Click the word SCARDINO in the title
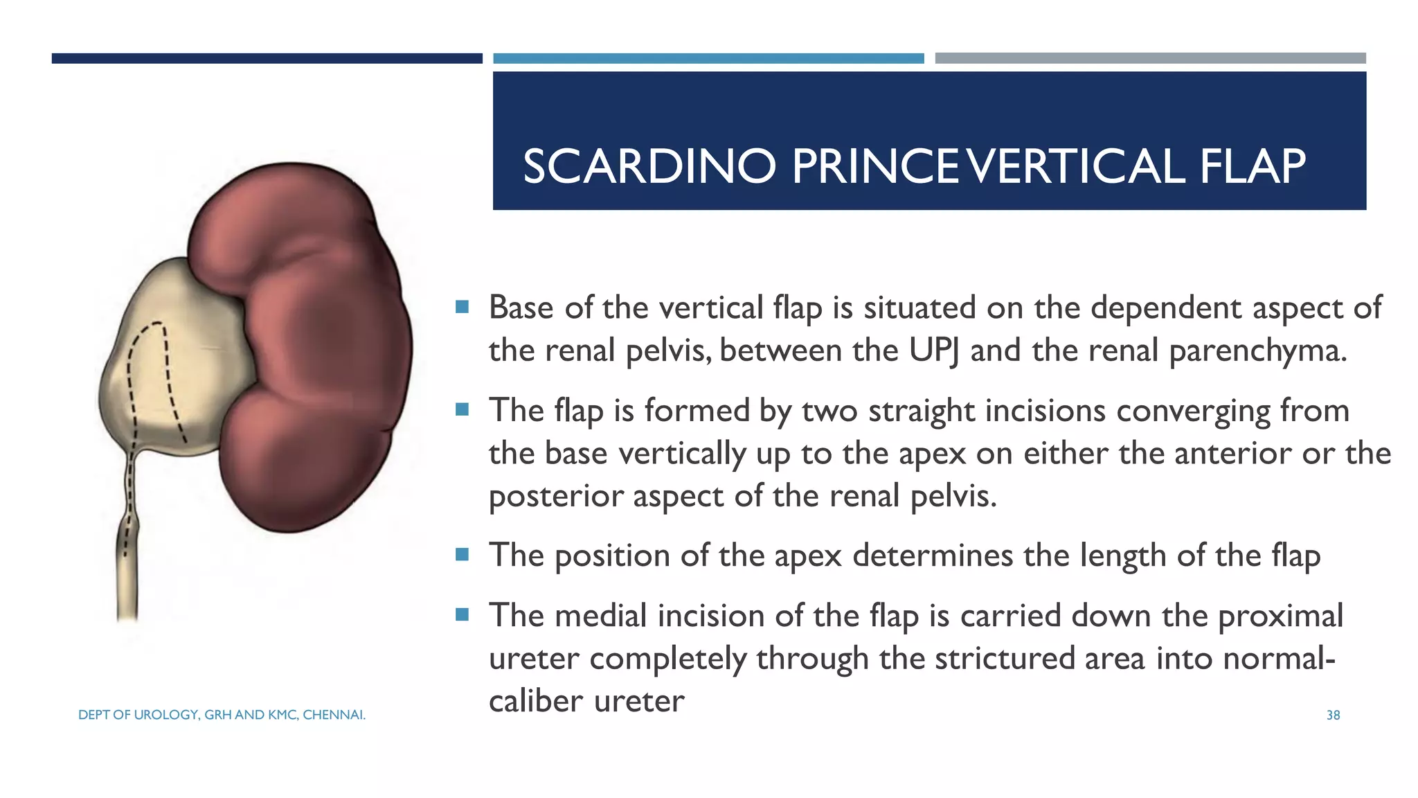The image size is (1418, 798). click(649, 167)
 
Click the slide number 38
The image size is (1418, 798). click(1333, 715)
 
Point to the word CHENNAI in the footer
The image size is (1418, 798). click(334, 715)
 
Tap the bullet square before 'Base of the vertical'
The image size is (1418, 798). click(463, 306)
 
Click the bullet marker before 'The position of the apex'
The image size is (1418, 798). click(463, 554)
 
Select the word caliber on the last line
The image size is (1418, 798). click(536, 701)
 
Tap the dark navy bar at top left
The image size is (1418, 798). click(267, 58)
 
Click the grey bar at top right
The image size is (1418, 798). click(1150, 58)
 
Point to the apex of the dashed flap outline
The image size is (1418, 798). click(157, 323)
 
